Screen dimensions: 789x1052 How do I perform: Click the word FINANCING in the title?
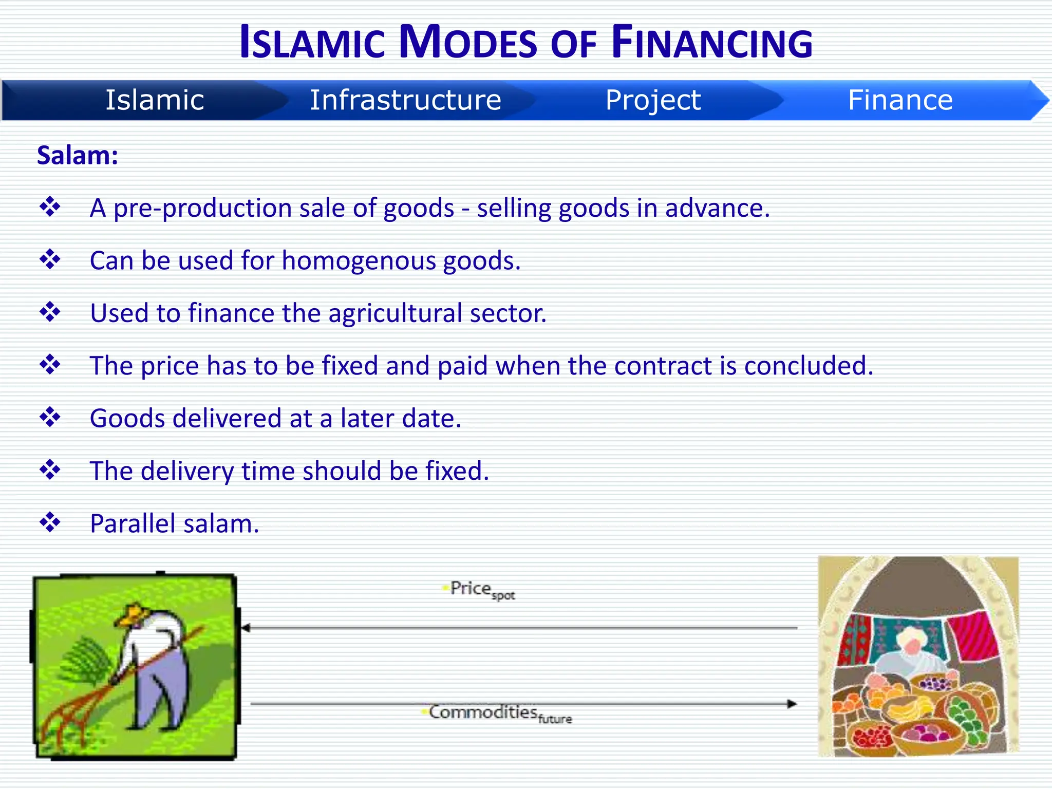point(712,43)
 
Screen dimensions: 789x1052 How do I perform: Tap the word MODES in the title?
point(467,43)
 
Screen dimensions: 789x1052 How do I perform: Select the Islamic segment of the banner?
point(155,100)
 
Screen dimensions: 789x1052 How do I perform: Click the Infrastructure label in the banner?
point(405,100)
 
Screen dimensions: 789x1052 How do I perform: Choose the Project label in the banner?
point(653,100)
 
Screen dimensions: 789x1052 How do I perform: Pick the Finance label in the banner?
point(900,100)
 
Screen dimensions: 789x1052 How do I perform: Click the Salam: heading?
point(78,156)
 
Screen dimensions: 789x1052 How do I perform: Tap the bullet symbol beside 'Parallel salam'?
point(50,522)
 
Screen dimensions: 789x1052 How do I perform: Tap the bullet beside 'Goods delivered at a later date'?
point(50,417)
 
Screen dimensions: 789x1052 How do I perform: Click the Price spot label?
point(481,590)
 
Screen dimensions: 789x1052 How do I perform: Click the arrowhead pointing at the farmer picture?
point(246,628)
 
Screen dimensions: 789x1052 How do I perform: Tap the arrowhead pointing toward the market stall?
point(792,704)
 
